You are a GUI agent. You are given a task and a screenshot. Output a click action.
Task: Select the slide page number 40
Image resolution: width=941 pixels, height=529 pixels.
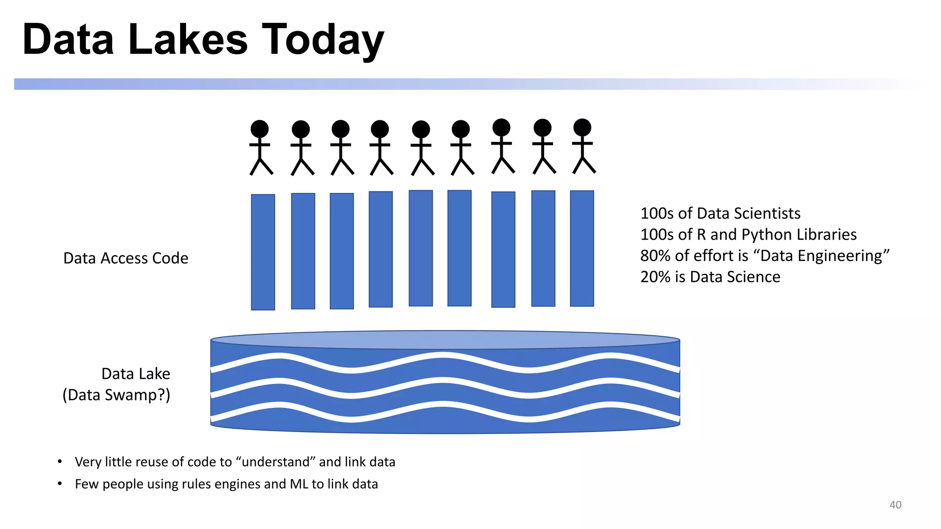895,505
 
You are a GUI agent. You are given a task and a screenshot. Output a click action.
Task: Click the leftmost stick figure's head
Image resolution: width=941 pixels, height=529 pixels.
260,129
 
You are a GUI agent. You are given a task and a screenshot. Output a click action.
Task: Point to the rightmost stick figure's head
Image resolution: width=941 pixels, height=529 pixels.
582,127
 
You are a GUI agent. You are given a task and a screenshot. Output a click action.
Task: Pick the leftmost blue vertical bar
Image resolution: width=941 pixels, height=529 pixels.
263,252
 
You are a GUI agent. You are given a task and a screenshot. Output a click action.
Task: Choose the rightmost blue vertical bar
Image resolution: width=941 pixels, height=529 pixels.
582,248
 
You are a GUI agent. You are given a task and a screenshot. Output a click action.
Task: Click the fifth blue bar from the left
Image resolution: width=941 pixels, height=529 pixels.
420,248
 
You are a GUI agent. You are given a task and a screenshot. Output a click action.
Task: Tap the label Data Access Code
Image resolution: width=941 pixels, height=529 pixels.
125,258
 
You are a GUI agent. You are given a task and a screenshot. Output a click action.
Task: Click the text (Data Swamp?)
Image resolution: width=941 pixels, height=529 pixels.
116,395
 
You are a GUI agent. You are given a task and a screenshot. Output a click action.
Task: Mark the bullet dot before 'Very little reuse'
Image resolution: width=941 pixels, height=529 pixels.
60,461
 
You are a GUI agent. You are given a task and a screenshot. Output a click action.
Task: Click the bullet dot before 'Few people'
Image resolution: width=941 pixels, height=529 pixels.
60,484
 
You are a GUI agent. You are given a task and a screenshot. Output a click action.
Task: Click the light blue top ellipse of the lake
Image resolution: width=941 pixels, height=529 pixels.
445,340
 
